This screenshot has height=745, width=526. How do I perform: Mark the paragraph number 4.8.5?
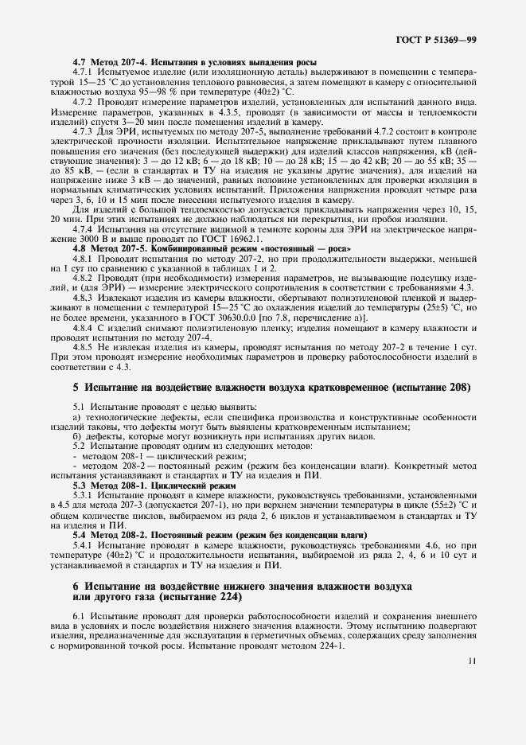point(84,348)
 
